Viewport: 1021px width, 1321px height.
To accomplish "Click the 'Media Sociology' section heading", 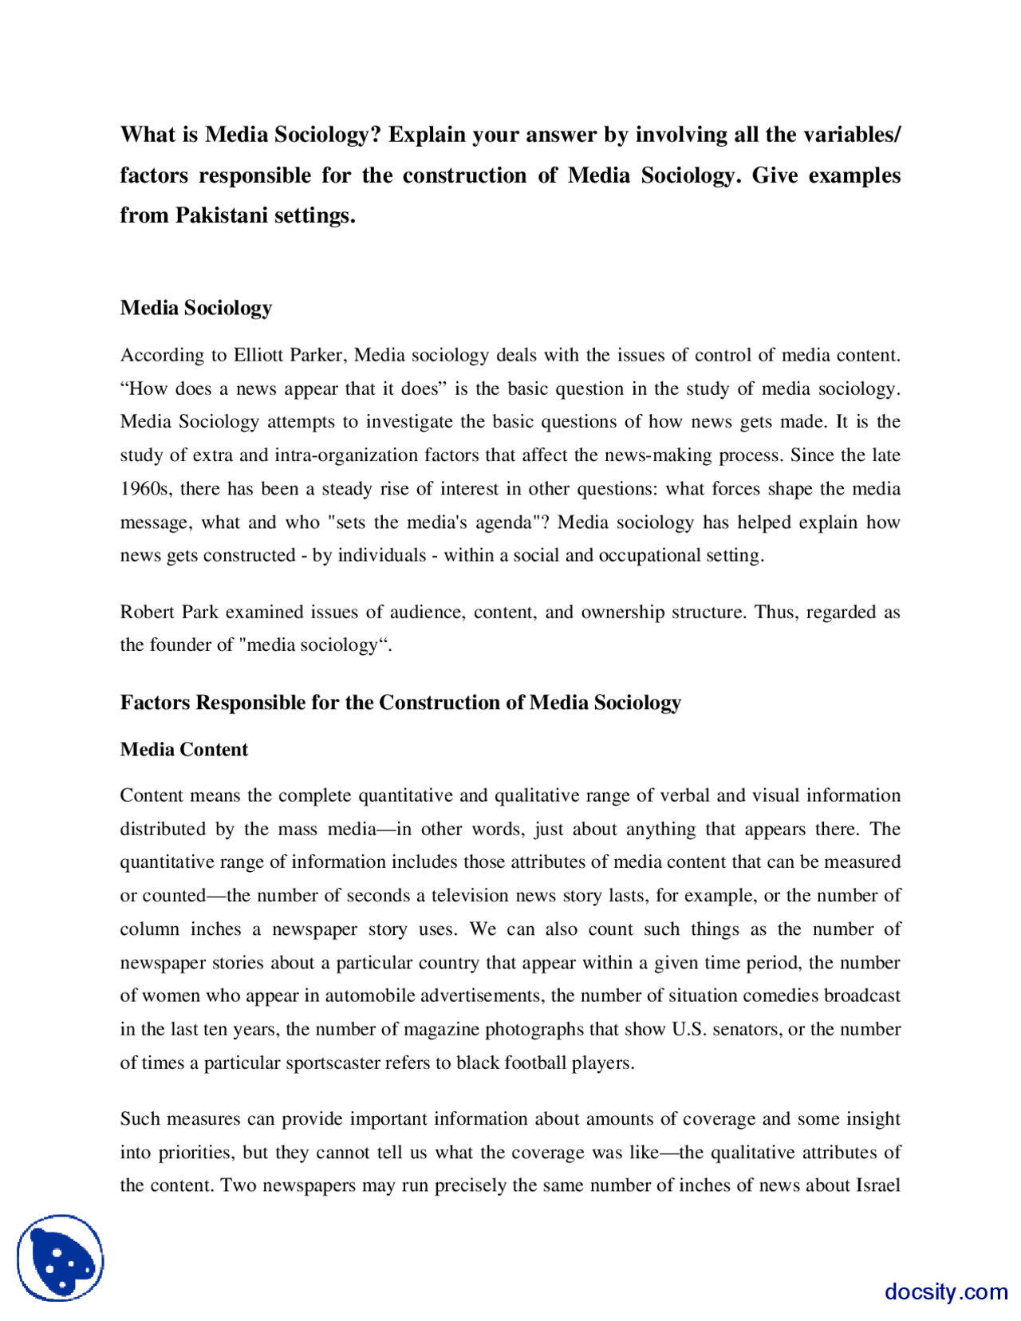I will tap(195, 308).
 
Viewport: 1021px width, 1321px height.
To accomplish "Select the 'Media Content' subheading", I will tap(183, 749).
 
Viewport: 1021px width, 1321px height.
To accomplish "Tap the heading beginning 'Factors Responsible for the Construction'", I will tap(400, 702).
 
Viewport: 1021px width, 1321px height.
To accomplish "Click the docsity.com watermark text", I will tap(945, 1291).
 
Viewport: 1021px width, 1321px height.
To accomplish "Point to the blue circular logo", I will tap(60, 1257).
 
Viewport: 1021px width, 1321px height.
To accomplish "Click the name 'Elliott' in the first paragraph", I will tap(258, 355).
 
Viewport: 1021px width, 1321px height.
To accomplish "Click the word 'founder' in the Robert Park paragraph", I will tap(180, 645).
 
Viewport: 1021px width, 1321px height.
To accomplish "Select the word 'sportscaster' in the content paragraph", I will tap(335, 1063).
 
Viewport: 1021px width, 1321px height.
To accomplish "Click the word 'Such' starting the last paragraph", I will tap(140, 1118).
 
